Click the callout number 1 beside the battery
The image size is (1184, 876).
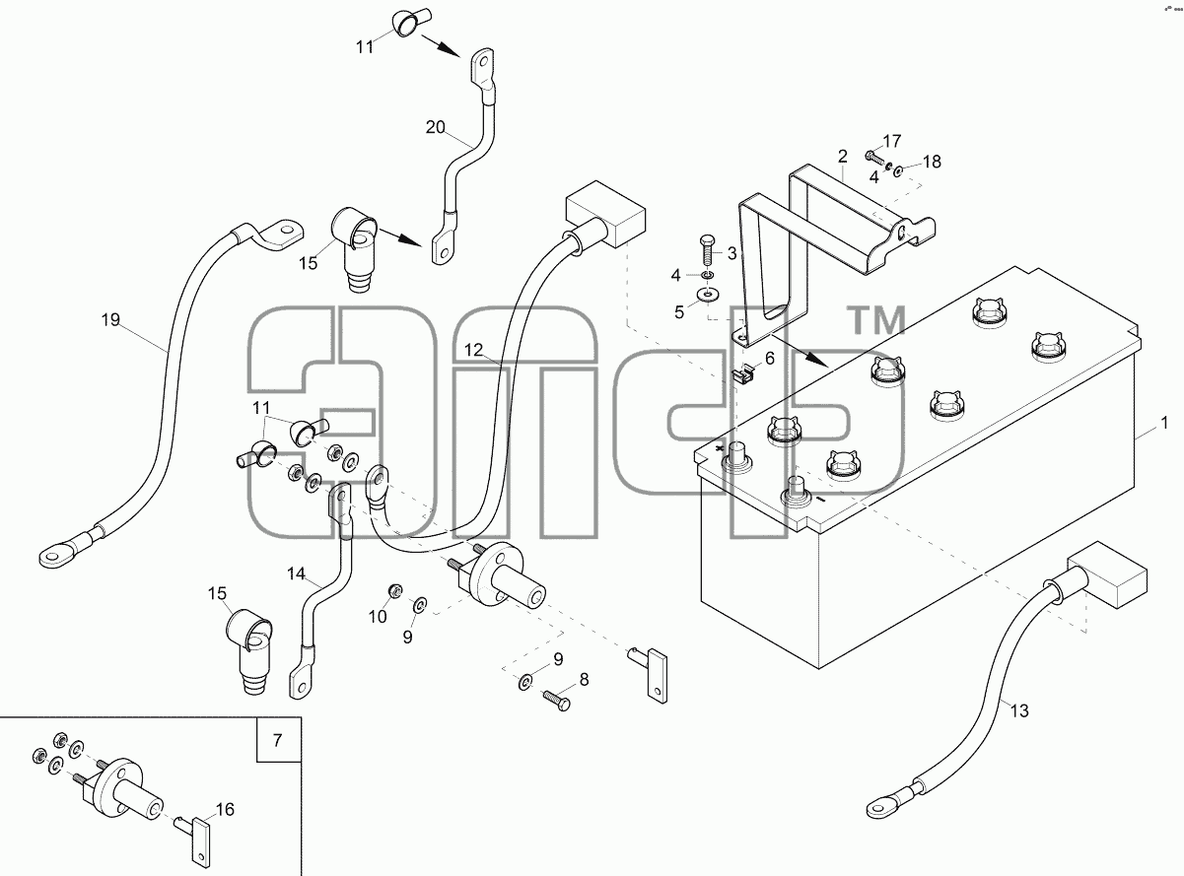click(1165, 423)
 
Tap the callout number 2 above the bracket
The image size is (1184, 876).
click(842, 157)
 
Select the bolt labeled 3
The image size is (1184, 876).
click(707, 252)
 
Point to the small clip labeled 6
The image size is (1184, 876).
click(745, 372)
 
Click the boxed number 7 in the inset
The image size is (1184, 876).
click(278, 740)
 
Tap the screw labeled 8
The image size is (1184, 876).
click(557, 700)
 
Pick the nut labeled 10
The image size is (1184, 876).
click(394, 590)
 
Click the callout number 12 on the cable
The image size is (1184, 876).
click(473, 351)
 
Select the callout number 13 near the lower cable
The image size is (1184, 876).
click(1019, 710)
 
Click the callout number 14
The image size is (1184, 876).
click(297, 574)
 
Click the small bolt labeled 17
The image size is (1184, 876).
click(873, 157)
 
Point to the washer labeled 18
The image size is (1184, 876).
click(898, 170)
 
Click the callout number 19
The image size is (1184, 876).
click(111, 320)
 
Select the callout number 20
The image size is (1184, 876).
click(436, 127)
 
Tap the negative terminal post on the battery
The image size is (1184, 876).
click(796, 491)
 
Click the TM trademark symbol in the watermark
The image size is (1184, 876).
click(876, 320)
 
